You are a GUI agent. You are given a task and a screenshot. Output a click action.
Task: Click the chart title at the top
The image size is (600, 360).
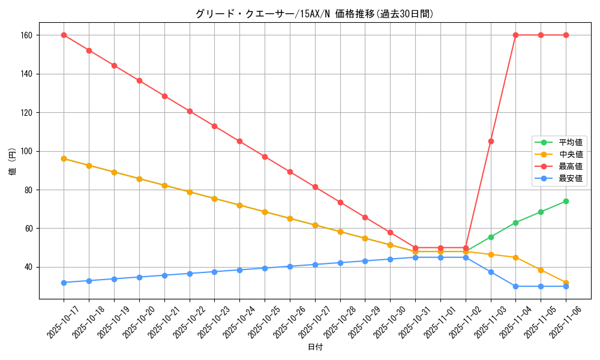(x=314, y=14)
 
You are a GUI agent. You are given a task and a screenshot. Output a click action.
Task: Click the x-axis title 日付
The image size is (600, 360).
(x=315, y=347)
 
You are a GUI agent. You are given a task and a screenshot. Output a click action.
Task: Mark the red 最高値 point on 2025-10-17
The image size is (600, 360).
(x=64, y=35)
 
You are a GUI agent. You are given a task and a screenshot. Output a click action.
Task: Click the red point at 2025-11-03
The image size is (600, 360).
(x=491, y=141)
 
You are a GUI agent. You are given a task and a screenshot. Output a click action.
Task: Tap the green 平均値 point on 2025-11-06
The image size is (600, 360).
(x=566, y=201)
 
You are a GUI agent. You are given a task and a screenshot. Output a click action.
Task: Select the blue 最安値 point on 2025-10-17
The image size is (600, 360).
(x=64, y=283)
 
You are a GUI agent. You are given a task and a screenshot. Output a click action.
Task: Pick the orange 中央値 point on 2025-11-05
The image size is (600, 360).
(x=541, y=270)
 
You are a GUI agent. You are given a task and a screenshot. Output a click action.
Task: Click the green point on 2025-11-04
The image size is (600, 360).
(x=515, y=223)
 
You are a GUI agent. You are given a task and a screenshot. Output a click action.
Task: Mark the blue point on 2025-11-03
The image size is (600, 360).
(x=491, y=272)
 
